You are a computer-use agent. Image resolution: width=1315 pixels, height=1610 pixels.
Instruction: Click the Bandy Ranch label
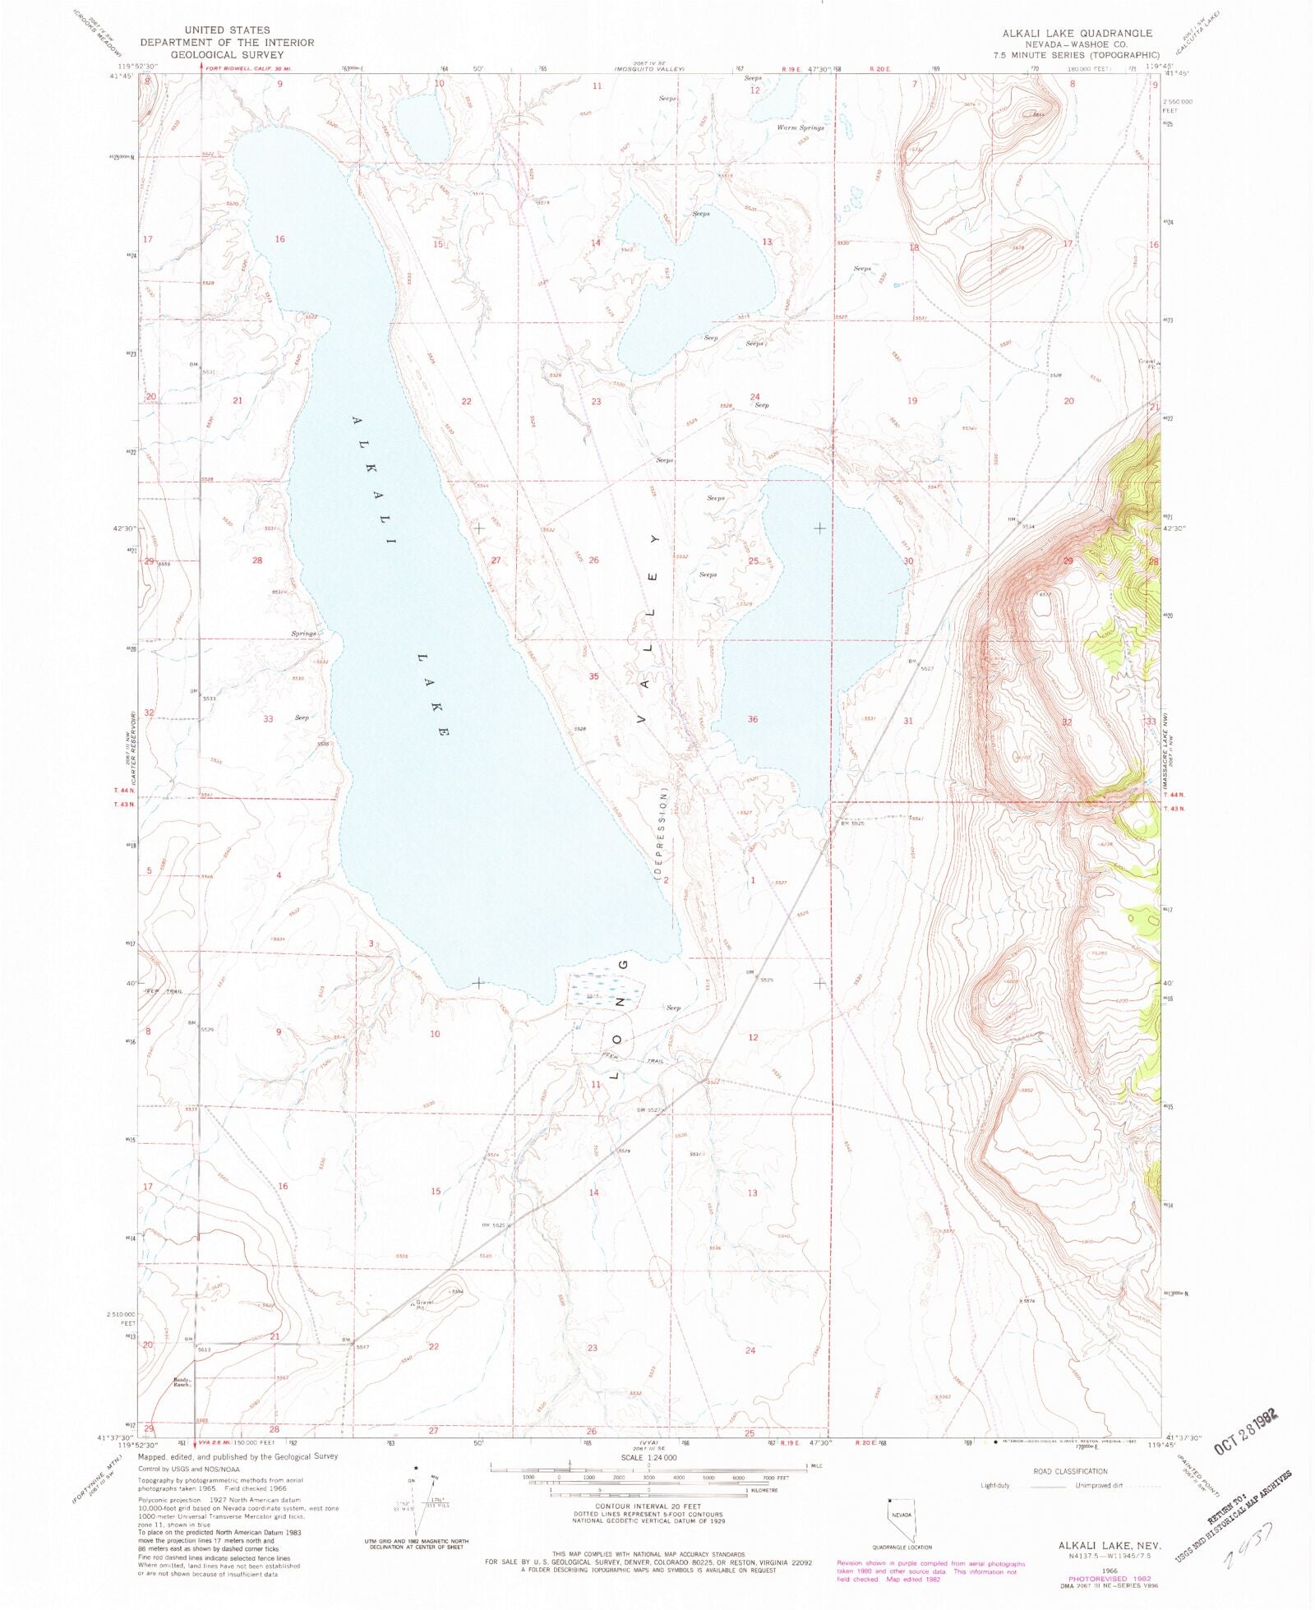coord(182,1382)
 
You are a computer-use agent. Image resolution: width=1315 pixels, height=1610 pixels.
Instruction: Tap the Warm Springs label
coord(800,128)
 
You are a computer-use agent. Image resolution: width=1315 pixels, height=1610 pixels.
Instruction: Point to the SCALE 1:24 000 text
coord(648,1457)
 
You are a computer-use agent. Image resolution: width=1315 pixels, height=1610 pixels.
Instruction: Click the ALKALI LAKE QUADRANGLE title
coord(1077,33)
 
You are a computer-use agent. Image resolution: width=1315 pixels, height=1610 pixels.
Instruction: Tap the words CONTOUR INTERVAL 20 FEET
coord(648,1506)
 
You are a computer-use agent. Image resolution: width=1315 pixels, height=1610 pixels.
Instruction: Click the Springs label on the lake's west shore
coord(303,634)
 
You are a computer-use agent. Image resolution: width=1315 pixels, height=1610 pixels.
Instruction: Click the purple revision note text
coord(930,1571)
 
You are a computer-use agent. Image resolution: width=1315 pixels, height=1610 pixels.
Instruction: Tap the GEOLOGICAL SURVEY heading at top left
coord(227,55)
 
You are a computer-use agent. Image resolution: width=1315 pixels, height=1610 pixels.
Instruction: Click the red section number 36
coord(752,719)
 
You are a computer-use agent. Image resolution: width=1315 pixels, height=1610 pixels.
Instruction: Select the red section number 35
coord(593,676)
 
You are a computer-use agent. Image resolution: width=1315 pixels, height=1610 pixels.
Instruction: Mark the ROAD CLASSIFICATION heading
coord(1070,1471)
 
